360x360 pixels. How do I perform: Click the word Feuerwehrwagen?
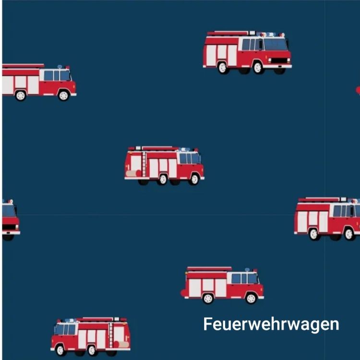(271, 324)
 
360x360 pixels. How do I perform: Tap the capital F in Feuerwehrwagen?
(207, 324)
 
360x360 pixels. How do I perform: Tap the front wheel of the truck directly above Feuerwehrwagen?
(251, 298)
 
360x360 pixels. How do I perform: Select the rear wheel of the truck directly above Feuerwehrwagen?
(208, 299)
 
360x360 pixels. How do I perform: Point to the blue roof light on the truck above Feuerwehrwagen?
(247, 270)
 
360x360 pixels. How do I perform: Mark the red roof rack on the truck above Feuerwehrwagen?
(209, 269)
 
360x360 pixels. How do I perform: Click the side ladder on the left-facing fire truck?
(111, 335)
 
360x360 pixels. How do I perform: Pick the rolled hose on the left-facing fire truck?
(121, 344)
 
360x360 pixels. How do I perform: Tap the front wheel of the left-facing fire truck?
(60, 350)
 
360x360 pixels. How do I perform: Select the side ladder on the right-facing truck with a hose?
(144, 164)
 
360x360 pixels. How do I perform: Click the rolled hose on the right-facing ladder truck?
(133, 173)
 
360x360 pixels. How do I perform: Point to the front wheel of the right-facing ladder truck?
(194, 179)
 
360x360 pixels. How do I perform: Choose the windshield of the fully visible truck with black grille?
(276, 44)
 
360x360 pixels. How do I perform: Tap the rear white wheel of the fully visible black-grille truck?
(222, 68)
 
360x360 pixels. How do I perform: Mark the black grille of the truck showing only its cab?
(9, 227)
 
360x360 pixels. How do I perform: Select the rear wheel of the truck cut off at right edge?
(313, 234)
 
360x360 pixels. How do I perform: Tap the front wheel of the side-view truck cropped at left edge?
(63, 96)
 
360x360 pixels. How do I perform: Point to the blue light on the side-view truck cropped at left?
(60, 67)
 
